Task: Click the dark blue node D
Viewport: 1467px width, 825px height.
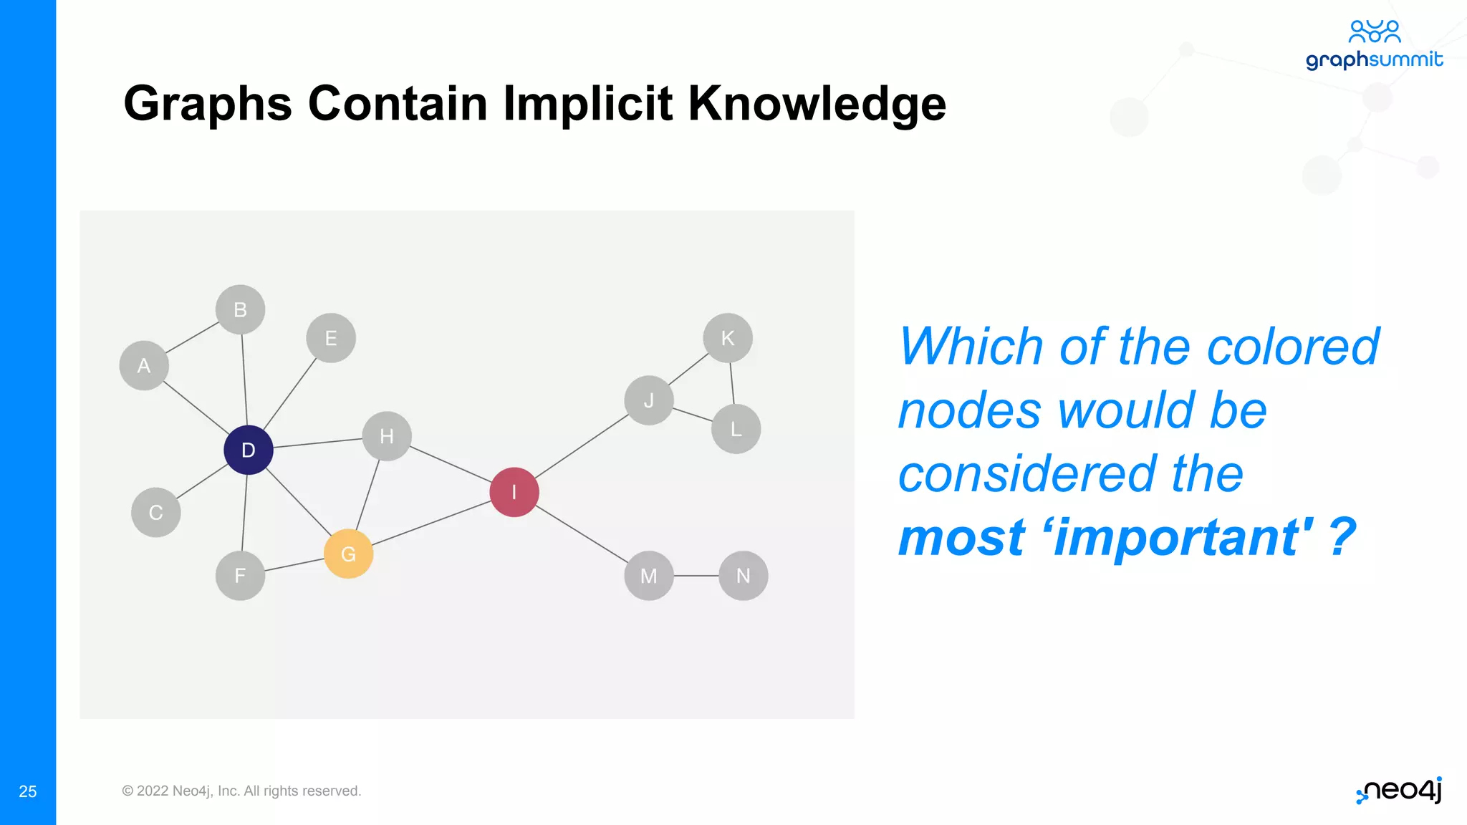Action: pos(248,450)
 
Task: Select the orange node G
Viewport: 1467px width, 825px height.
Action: pos(348,554)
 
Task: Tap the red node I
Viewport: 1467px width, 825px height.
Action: pos(514,492)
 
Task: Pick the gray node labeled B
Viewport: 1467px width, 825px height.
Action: pos(240,309)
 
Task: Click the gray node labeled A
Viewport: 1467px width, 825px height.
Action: pos(144,365)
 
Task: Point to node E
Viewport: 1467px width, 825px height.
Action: pos(330,337)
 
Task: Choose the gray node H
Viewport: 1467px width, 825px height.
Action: pos(386,435)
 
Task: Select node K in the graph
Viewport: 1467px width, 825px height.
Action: pos(727,337)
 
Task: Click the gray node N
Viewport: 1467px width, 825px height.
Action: pos(743,575)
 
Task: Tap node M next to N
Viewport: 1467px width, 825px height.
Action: pos(648,575)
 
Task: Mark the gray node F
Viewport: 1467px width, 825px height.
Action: pos(240,575)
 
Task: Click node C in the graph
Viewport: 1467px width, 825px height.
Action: pos(155,512)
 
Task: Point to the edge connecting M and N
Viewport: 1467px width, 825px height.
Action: pos(696,575)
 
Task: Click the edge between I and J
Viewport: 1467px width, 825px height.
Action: pos(582,446)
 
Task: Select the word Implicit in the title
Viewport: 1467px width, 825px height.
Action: pos(587,103)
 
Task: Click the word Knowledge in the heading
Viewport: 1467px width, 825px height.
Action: pos(817,103)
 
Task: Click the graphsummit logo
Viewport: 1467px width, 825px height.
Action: pos(1373,45)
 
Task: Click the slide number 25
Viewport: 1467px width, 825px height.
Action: pos(28,791)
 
